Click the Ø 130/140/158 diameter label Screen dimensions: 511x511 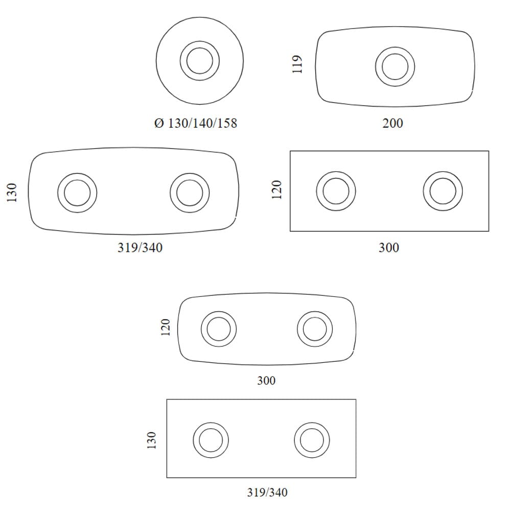pyautogui.click(x=196, y=123)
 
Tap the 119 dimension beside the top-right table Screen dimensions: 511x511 pyautogui.click(x=297, y=64)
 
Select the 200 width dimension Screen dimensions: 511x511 pyautogui.click(x=392, y=123)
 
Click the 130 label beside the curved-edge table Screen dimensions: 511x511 pyautogui.click(x=11, y=193)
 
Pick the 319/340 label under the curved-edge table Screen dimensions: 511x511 pyautogui.click(x=140, y=248)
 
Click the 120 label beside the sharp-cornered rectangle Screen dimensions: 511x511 pyautogui.click(x=276, y=190)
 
